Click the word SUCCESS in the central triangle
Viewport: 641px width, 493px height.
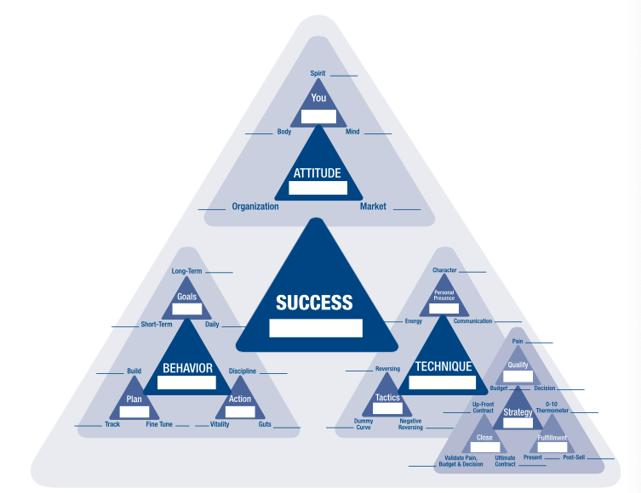pyautogui.click(x=314, y=303)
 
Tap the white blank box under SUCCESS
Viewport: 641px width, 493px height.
pyautogui.click(x=316, y=328)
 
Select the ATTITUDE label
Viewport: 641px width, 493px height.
pyautogui.click(x=317, y=173)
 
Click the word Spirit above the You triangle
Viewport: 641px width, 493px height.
pyautogui.click(x=318, y=74)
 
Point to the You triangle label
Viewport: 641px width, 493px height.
pyautogui.click(x=318, y=98)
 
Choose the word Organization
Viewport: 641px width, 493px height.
pyautogui.click(x=255, y=207)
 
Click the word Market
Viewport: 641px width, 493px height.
pyautogui.click(x=373, y=207)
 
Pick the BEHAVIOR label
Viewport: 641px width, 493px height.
pyautogui.click(x=187, y=369)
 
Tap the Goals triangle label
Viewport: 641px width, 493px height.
pyautogui.click(x=187, y=297)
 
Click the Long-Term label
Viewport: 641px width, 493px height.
pyautogui.click(x=187, y=271)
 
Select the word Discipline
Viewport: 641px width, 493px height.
pyautogui.click(x=242, y=371)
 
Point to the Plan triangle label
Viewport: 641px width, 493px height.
pyautogui.click(x=134, y=399)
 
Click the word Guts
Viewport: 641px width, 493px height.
pyautogui.click(x=265, y=424)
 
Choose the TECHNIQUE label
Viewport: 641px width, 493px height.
pyautogui.click(x=443, y=367)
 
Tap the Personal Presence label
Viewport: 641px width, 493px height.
pyautogui.click(x=444, y=295)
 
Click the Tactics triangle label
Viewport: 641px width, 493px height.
pyautogui.click(x=388, y=398)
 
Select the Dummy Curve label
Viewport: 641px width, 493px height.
pyautogui.click(x=363, y=424)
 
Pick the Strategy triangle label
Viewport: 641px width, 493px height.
pyautogui.click(x=518, y=412)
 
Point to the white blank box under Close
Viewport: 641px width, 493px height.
pyautogui.click(x=485, y=447)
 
